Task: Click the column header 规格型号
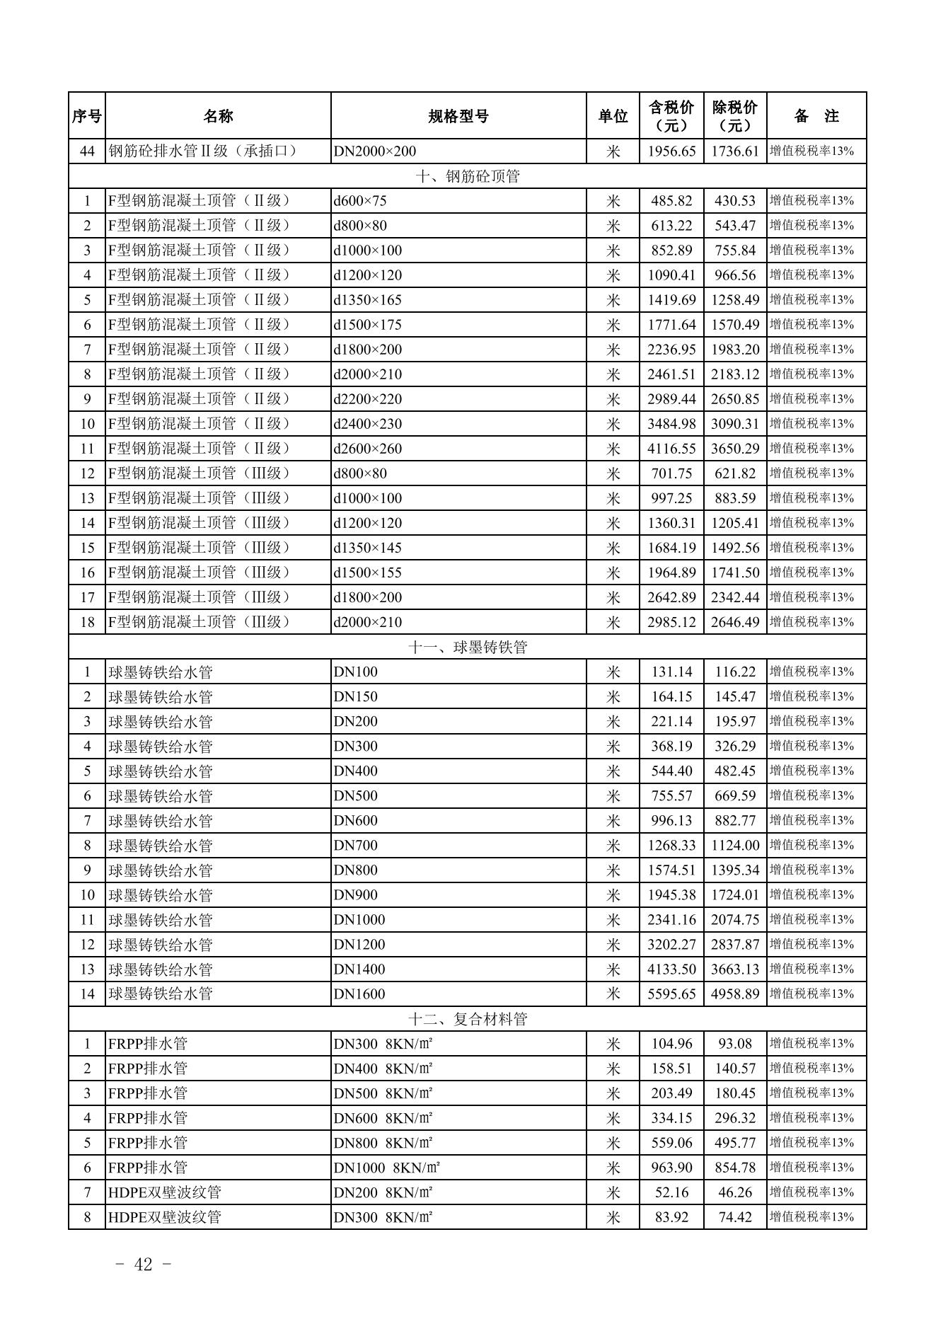pos(458,116)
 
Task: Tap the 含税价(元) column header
pos(671,116)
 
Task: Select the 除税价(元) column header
pos(735,116)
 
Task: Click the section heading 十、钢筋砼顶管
pos(467,176)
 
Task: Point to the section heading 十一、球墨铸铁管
pos(467,647)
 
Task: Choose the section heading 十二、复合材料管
pos(467,1019)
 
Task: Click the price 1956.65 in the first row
pos(671,151)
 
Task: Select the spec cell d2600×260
pos(367,449)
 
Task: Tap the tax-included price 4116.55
pos(671,449)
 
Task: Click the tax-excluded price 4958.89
pos(735,994)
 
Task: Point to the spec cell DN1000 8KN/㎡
pos(387,1168)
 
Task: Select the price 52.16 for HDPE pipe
pos(671,1192)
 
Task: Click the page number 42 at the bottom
pos(143,1265)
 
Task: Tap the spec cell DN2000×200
pos(375,151)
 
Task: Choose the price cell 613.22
pos(671,226)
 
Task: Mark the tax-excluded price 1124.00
pos(735,846)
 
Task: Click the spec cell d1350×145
pos(367,548)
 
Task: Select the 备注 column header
pos(816,116)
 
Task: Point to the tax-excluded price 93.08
pos(735,1044)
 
